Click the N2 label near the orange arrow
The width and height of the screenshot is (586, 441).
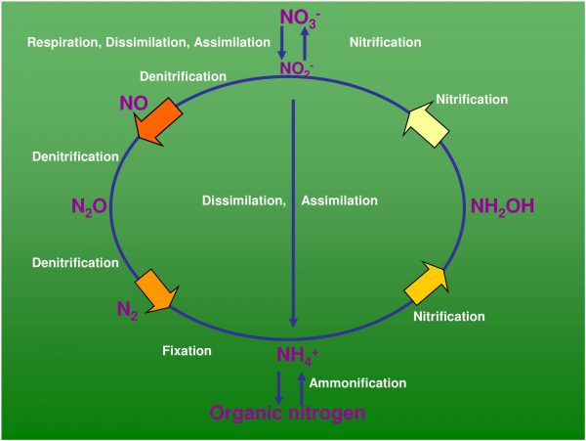127,310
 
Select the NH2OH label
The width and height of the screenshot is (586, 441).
502,205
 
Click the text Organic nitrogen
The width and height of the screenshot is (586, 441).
288,413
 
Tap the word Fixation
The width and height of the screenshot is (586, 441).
187,349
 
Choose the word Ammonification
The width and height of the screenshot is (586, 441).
357,382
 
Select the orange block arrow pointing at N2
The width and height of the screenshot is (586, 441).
157,289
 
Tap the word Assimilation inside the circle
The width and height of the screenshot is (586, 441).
339,200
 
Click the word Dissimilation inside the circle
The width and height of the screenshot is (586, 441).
243,200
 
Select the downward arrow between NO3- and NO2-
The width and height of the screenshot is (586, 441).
281,41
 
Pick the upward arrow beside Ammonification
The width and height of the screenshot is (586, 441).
301,385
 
